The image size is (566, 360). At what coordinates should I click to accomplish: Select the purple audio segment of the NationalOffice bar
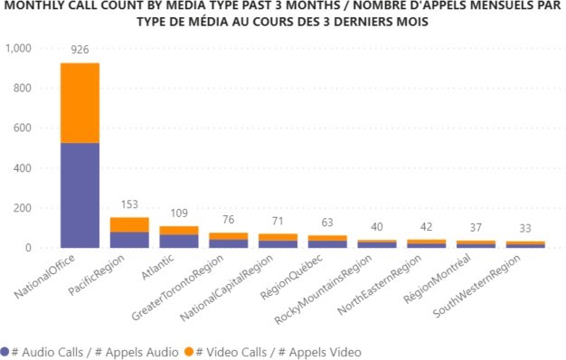click(x=80, y=194)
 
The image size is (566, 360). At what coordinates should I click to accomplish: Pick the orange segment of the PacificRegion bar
click(x=129, y=224)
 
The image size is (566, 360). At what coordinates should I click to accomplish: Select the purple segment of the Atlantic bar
click(x=179, y=241)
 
